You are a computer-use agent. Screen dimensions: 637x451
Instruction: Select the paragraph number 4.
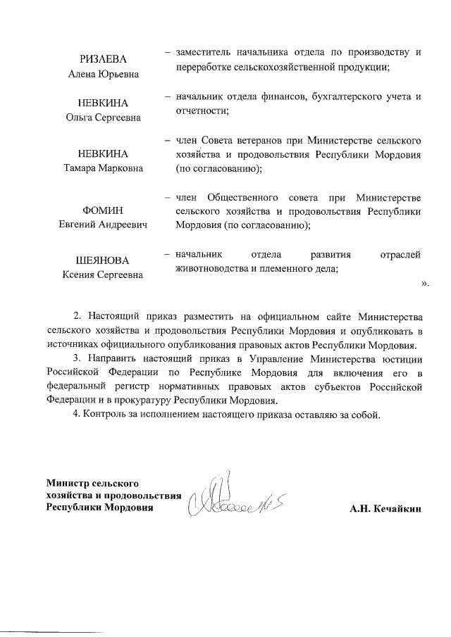pos(77,413)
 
